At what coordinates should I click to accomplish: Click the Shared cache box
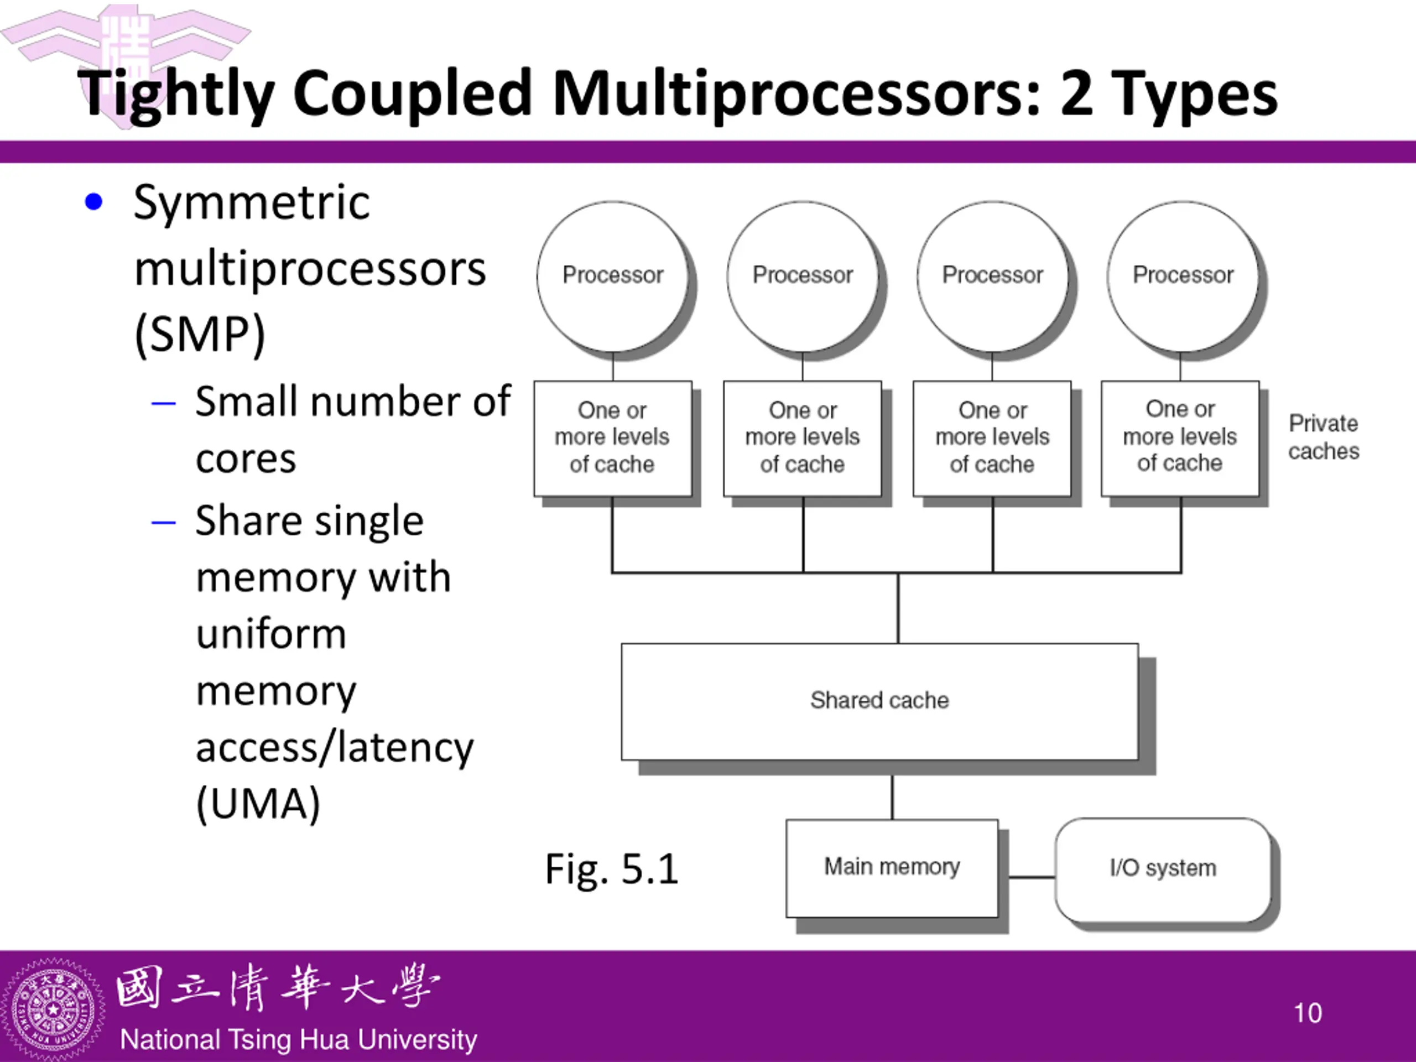879,701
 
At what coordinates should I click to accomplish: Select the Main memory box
892,868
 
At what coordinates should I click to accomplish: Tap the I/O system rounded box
1163,870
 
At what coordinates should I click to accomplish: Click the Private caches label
1323,437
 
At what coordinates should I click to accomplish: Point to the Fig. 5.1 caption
611,870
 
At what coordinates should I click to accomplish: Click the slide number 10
1307,1013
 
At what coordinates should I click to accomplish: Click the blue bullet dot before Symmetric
93,202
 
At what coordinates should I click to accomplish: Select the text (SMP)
200,335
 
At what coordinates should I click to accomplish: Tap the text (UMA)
258,804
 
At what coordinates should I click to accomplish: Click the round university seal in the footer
53,1009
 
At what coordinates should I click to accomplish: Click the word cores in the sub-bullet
246,460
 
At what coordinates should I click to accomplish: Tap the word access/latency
335,748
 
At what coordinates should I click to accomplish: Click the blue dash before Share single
163,522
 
